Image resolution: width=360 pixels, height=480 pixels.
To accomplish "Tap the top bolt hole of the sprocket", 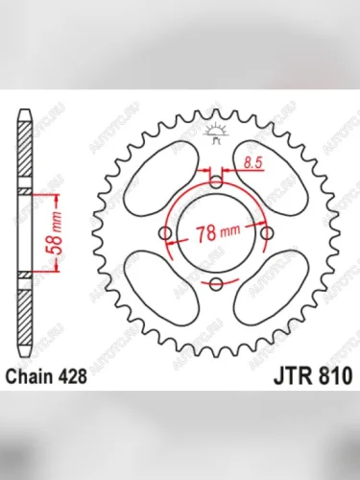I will point(216,180).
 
